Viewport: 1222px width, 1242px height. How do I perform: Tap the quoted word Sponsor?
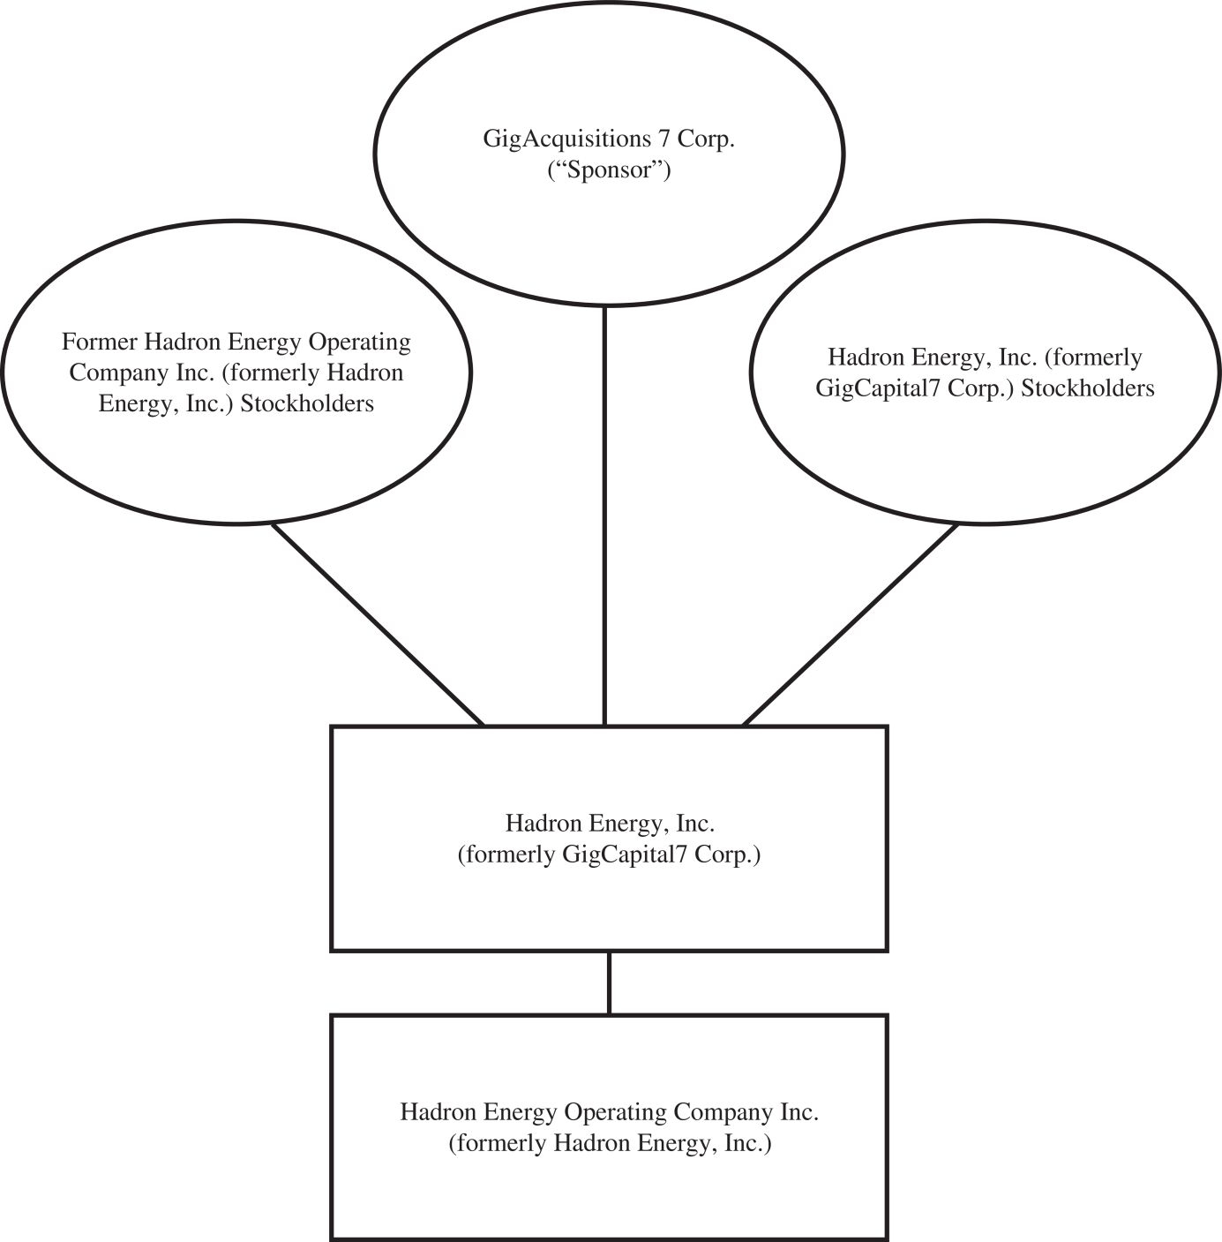pos(610,169)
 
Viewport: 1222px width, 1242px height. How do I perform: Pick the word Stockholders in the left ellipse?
pos(307,403)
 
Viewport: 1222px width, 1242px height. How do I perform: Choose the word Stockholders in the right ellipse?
pos(1088,388)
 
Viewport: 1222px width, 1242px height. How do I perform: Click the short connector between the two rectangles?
pos(609,982)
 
